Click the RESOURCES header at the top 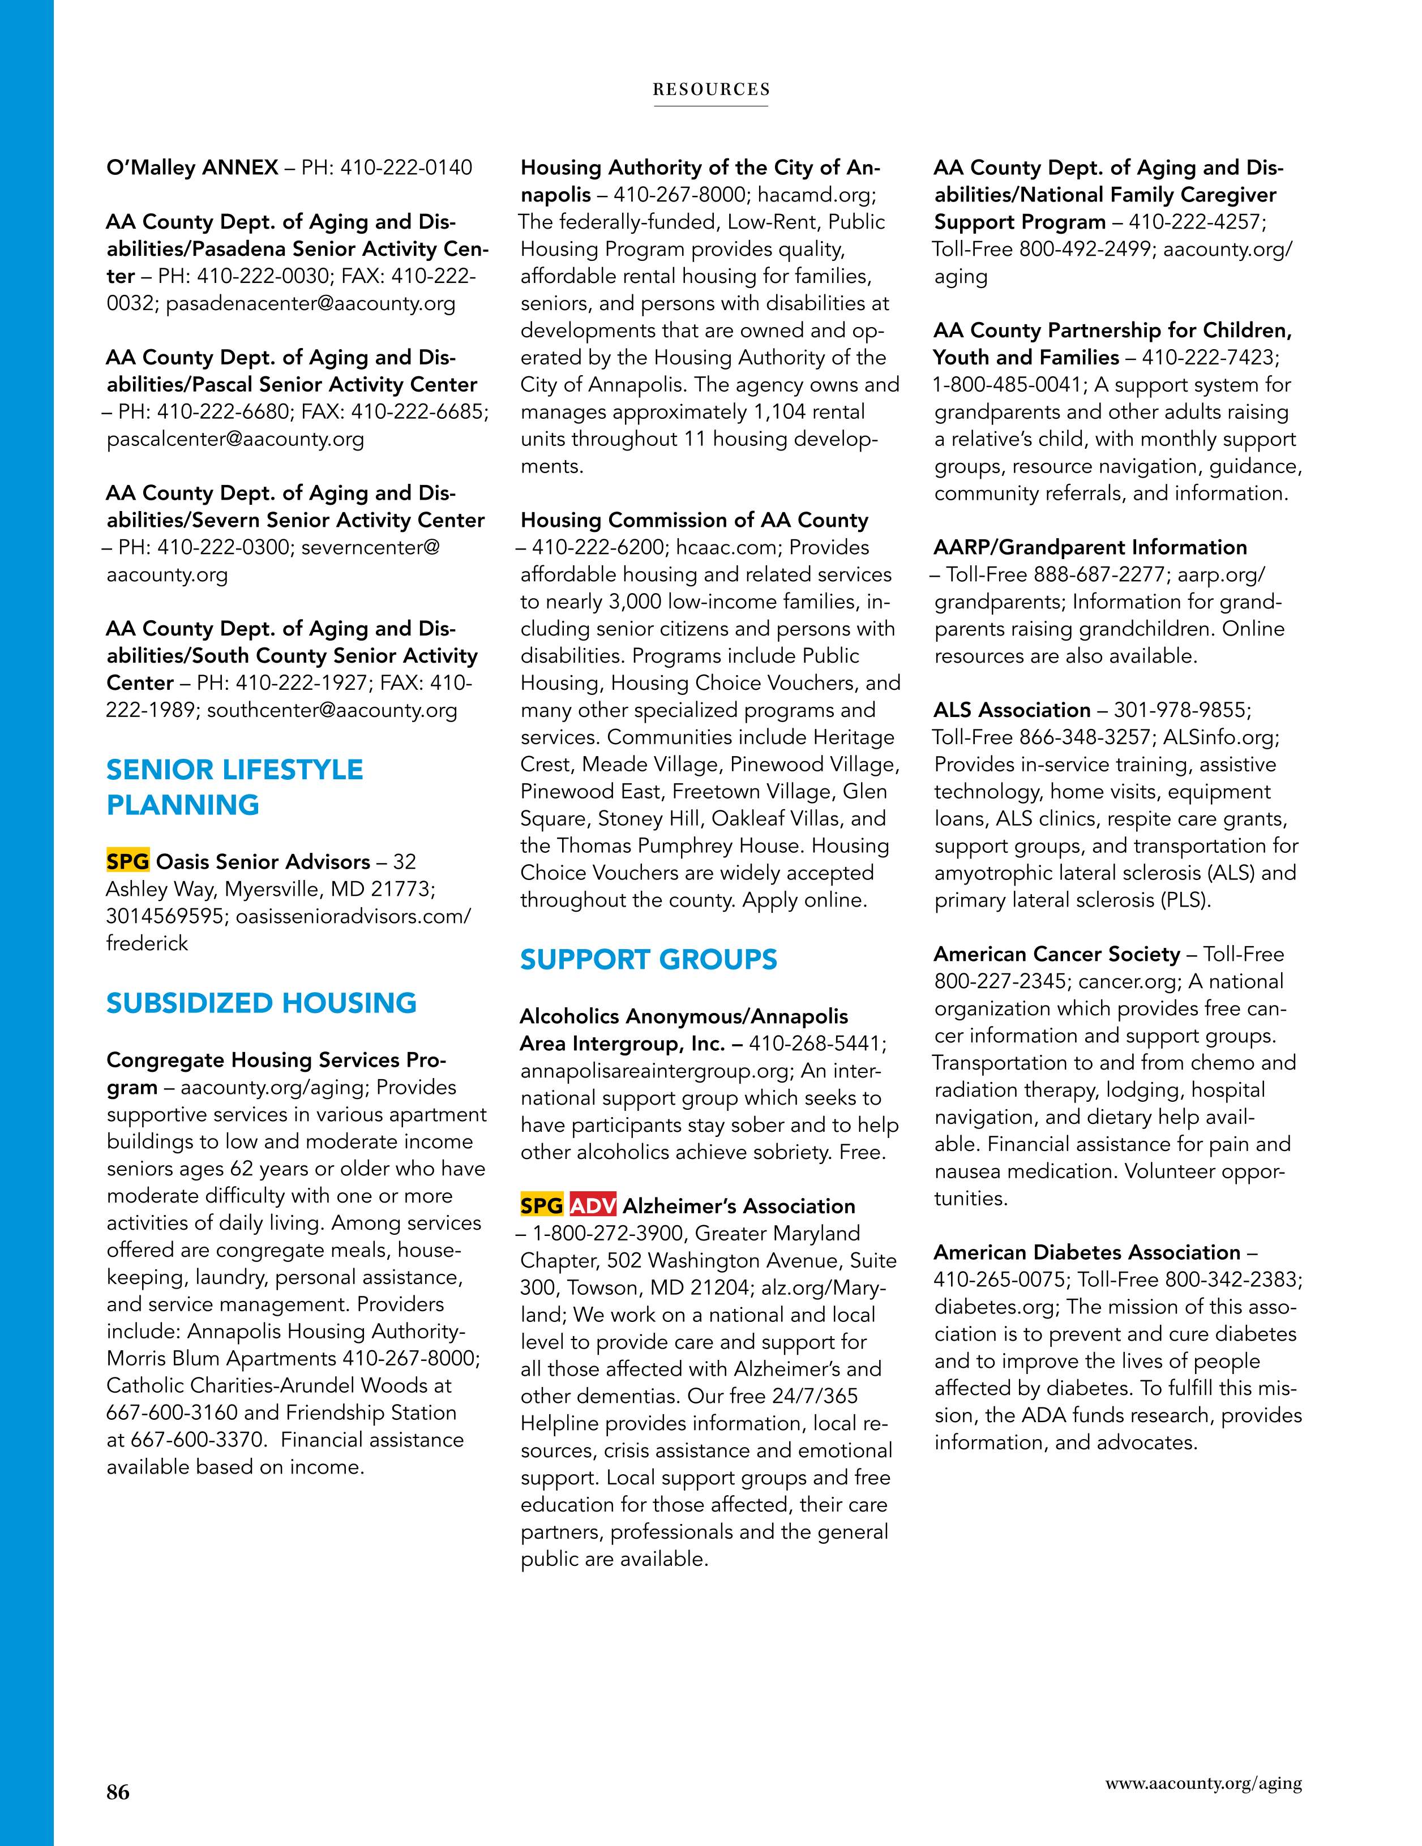point(711,89)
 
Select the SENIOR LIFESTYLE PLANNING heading point(235,787)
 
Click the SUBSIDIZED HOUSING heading point(261,1003)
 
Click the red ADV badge point(593,1205)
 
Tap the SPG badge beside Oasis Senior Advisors point(128,861)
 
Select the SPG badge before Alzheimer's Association point(542,1205)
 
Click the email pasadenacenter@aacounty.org point(310,303)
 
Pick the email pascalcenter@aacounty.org point(235,439)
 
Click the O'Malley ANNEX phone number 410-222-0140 point(406,168)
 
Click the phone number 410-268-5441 point(815,1044)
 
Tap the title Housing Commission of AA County point(694,520)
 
